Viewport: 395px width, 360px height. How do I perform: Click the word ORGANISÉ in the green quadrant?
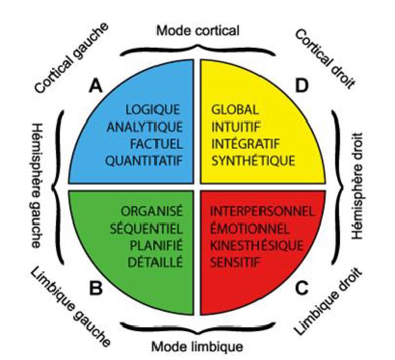coord(152,211)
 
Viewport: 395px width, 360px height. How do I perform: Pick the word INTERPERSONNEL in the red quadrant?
coord(263,211)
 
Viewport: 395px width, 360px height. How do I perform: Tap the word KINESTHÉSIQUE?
coord(258,245)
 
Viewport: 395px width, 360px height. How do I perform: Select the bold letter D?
coord(302,86)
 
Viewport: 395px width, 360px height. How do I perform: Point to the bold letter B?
coord(96,289)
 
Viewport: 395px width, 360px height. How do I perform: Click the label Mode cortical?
coord(197,31)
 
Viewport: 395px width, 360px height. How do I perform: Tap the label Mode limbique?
coord(197,346)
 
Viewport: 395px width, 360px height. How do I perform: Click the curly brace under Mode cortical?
coord(197,48)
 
